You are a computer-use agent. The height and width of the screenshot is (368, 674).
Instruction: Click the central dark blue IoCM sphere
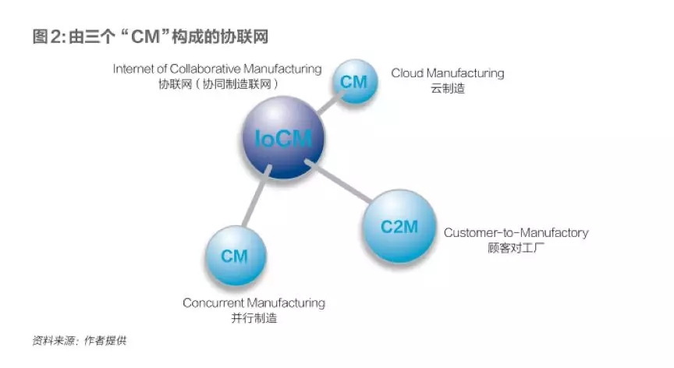283,140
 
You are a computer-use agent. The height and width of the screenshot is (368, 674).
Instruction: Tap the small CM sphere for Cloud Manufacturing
356,82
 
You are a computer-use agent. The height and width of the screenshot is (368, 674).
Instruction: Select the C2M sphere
400,227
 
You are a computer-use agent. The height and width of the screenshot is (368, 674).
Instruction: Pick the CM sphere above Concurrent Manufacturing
235,256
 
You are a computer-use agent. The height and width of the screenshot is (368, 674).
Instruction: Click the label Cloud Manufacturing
447,73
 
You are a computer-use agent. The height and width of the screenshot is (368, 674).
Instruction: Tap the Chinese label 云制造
447,89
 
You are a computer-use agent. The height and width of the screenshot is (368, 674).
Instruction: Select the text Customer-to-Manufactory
516,232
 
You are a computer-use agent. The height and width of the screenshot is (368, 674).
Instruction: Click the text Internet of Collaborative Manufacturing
217,69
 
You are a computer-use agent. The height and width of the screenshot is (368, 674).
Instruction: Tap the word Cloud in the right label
406,73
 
